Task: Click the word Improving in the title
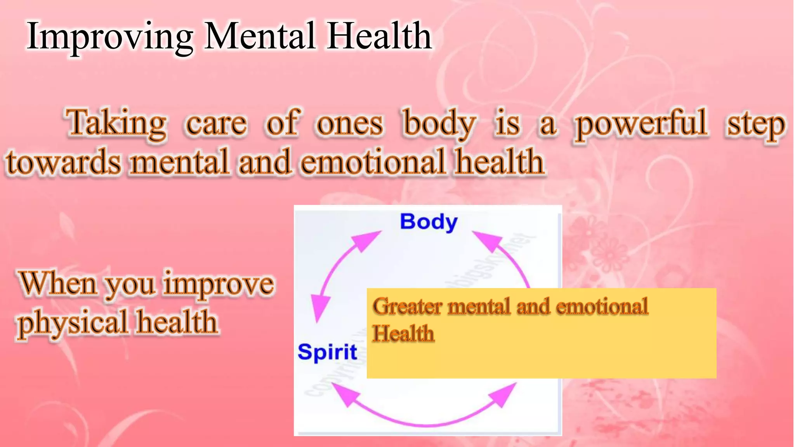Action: click(x=110, y=37)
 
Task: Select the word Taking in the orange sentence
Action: click(x=116, y=123)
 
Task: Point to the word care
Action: click(x=216, y=124)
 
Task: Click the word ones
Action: click(x=350, y=124)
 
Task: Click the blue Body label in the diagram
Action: click(x=429, y=222)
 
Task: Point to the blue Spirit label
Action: click(x=327, y=352)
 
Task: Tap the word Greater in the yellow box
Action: click(x=407, y=307)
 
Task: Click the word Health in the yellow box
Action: click(x=403, y=333)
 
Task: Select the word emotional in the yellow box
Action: click(x=602, y=306)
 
